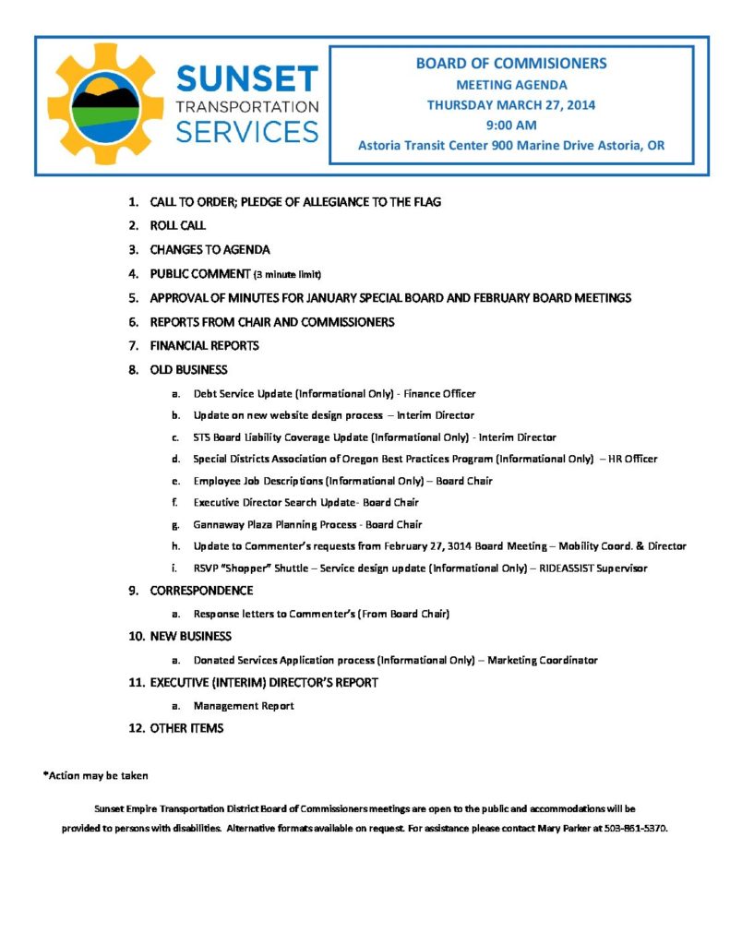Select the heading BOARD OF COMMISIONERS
510,64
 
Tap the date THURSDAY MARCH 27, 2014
510,104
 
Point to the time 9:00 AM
510,125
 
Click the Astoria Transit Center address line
510,146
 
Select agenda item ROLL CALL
177,225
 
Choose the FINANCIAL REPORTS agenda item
204,346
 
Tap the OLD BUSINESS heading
188,370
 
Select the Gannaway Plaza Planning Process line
307,524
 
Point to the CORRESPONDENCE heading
201,591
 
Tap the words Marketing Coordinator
543,660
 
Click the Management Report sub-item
244,706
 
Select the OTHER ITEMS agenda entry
186,729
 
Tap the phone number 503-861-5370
636,828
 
